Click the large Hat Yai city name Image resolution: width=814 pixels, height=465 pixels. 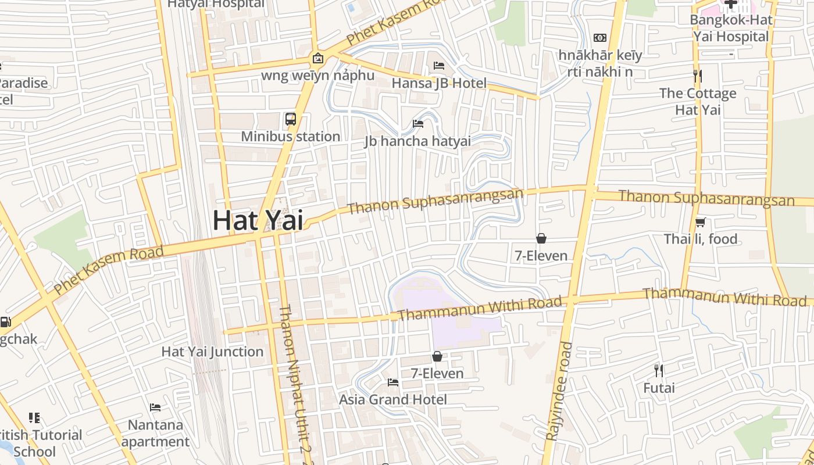point(258,220)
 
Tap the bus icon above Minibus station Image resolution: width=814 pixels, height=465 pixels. point(291,119)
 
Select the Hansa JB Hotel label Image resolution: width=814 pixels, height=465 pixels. point(439,83)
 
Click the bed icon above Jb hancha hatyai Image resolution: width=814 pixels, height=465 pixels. point(417,123)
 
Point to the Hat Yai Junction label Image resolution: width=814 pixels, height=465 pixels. point(212,352)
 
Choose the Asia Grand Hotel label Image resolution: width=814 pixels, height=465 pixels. point(393,399)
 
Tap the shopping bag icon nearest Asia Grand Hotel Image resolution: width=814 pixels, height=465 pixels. point(437,356)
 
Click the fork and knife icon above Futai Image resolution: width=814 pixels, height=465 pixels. point(659,370)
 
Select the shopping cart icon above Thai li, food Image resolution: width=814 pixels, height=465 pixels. point(701,222)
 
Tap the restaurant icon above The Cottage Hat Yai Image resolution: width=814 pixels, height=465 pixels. point(698,76)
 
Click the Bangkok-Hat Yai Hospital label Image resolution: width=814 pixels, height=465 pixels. point(731,28)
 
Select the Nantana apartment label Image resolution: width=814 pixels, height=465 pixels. point(155,433)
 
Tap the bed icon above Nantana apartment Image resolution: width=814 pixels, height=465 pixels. point(155,407)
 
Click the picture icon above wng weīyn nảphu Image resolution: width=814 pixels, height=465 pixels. point(317,58)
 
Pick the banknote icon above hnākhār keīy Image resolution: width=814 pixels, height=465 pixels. point(600,38)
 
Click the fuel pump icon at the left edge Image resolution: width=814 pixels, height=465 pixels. point(5,321)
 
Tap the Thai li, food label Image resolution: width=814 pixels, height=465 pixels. point(701,239)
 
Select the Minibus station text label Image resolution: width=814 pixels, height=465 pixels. point(291,137)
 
